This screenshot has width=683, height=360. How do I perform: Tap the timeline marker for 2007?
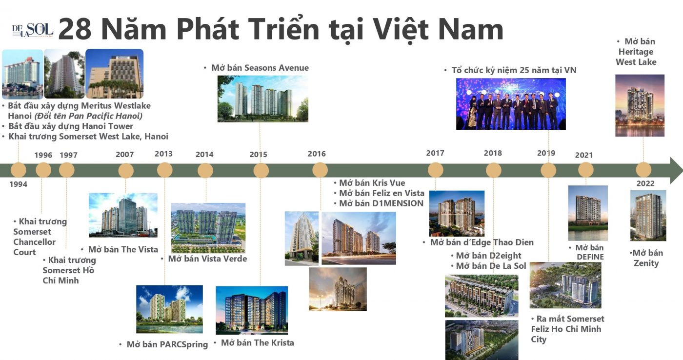(x=126, y=170)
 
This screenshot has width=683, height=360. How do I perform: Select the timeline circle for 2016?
(x=320, y=170)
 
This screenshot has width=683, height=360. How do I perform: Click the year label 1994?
(x=19, y=184)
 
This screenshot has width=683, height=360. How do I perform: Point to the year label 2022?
(x=645, y=184)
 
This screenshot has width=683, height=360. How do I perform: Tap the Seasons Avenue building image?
(x=262, y=98)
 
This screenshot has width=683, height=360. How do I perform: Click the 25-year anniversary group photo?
(x=511, y=104)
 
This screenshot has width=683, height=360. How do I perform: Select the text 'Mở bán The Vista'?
(x=123, y=249)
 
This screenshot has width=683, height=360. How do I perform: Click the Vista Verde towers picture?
(x=208, y=227)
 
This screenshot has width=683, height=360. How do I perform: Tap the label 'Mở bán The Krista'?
(x=257, y=343)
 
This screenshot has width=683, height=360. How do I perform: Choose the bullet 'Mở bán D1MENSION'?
(x=381, y=203)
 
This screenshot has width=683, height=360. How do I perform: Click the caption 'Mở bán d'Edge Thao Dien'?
(x=482, y=242)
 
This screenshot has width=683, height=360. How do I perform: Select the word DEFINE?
(x=590, y=257)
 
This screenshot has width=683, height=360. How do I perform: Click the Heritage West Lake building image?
(x=640, y=105)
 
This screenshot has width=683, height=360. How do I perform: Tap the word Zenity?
(x=646, y=263)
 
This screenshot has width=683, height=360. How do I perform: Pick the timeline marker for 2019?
(x=548, y=170)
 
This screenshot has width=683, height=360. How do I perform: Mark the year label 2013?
(x=163, y=154)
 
